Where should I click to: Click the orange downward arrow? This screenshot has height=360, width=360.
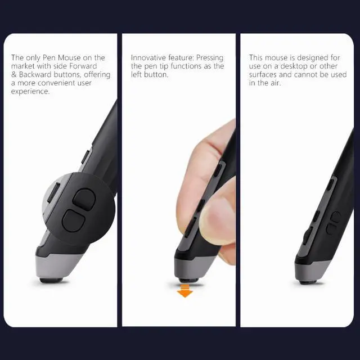click(x=184, y=291)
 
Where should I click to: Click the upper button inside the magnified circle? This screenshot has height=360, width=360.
click(x=85, y=196)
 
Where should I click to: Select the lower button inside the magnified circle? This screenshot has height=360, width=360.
click(x=73, y=219)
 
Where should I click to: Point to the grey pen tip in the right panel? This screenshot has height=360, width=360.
click(x=311, y=270)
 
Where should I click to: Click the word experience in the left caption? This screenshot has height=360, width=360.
click(x=30, y=91)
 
